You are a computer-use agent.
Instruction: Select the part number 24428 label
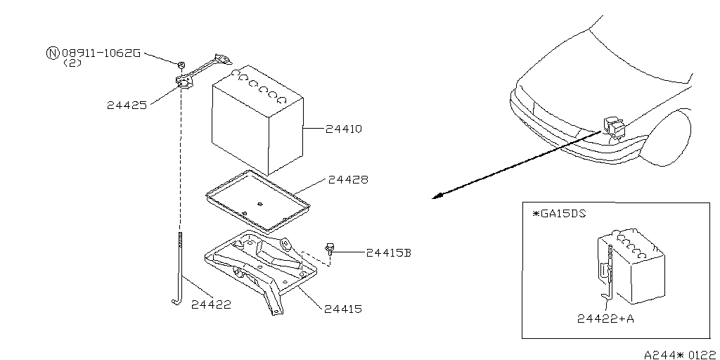[x=348, y=181]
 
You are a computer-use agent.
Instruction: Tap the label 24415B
[x=387, y=252]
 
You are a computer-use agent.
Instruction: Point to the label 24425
[x=127, y=105]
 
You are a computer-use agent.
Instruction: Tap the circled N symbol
[x=53, y=53]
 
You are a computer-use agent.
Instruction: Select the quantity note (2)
[x=72, y=63]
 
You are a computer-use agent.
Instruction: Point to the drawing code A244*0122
[x=681, y=354]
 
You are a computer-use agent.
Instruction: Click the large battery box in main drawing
[x=257, y=127]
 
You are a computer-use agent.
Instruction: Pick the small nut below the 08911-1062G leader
[x=181, y=65]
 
